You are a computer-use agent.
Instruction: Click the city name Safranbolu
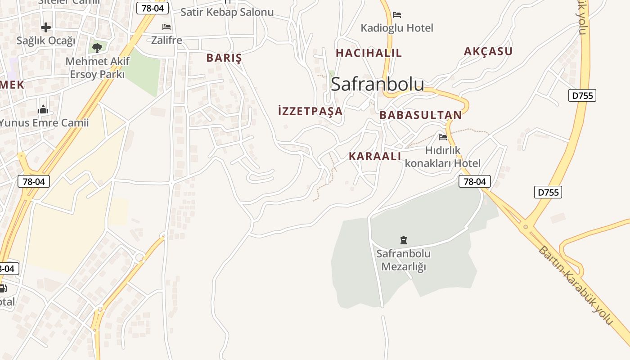click(x=377, y=84)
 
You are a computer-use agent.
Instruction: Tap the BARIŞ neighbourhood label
click(x=224, y=58)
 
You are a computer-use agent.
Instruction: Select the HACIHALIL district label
click(x=369, y=53)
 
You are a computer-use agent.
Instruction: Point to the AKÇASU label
click(x=488, y=51)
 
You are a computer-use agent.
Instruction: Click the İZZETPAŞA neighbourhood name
click(x=310, y=111)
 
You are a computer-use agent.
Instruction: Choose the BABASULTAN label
click(x=420, y=115)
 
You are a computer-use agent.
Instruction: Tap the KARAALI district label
click(x=375, y=156)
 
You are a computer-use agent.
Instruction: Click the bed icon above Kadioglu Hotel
click(x=396, y=15)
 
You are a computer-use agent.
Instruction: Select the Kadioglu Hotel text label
click(x=396, y=28)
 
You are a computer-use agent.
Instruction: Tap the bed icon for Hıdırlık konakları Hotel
click(x=443, y=137)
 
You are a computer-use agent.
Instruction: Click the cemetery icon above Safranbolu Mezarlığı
click(x=403, y=240)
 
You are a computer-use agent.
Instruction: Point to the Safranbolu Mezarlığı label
click(x=403, y=260)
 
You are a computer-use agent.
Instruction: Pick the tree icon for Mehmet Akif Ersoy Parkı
click(x=97, y=47)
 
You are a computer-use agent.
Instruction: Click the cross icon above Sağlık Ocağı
click(x=46, y=28)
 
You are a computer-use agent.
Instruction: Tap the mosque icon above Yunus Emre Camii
click(x=43, y=109)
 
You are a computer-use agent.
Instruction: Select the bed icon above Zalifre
click(x=166, y=27)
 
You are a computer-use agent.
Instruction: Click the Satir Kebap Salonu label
click(x=227, y=12)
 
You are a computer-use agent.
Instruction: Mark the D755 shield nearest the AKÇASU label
click(x=582, y=95)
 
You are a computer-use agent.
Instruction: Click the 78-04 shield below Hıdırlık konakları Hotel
click(x=474, y=181)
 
